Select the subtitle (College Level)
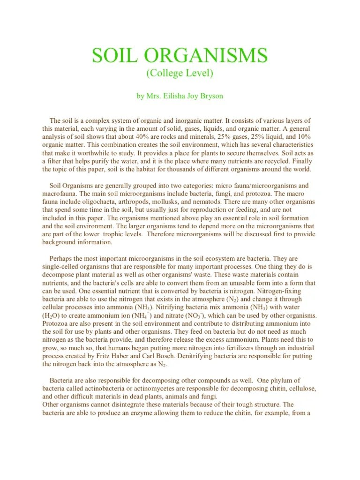click(x=180, y=73)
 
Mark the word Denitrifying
click(x=177, y=357)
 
